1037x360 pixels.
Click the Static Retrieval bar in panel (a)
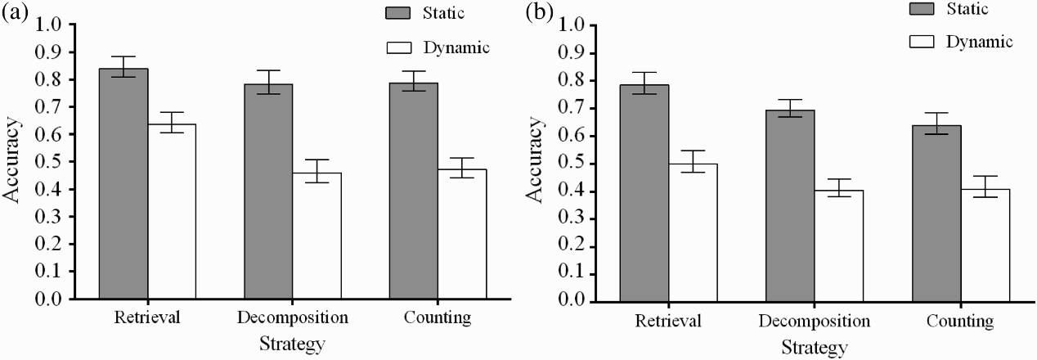(123, 183)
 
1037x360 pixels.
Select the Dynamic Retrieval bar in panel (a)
(173, 211)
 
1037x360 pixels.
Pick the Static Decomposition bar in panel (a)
(268, 191)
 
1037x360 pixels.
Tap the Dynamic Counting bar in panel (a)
(462, 234)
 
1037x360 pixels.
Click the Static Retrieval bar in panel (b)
(644, 193)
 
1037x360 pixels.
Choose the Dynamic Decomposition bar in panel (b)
(839, 246)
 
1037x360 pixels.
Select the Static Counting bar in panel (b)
(936, 214)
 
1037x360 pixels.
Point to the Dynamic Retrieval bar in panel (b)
(693, 232)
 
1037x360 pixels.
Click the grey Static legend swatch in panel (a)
(397, 13)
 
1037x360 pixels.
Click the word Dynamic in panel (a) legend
(456, 47)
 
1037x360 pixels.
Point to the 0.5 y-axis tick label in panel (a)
(48, 162)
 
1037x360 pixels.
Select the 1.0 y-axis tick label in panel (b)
(572, 26)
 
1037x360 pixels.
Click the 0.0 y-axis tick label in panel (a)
(48, 299)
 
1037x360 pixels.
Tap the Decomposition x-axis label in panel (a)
(293, 317)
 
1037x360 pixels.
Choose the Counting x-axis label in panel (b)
(960, 321)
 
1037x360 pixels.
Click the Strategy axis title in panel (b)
(815, 348)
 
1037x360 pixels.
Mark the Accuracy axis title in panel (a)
(12, 160)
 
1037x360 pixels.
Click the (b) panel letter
(539, 13)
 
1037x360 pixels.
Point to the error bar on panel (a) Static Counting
(414, 81)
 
